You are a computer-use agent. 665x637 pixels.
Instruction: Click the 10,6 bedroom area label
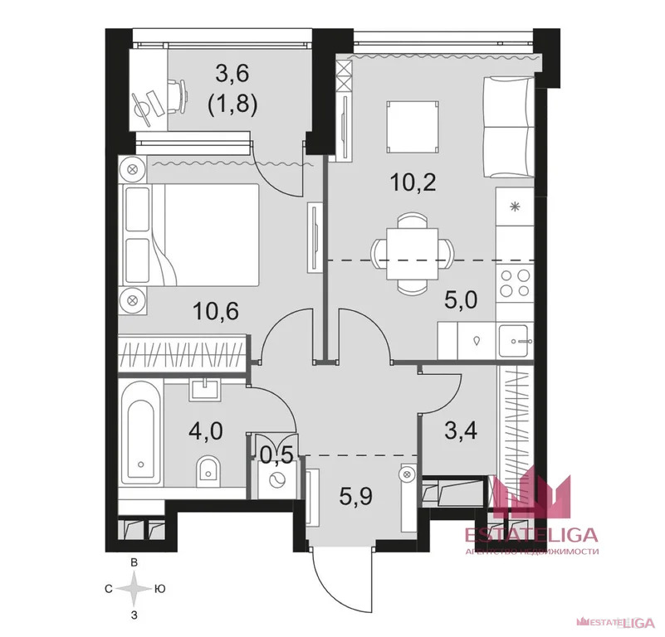[x=216, y=311]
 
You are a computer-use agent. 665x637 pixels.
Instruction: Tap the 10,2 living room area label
[x=413, y=182]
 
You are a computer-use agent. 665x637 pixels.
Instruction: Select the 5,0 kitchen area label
[x=461, y=299]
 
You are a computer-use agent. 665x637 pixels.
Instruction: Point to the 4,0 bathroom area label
[x=206, y=431]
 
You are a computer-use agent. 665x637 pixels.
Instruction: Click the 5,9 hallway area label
[x=355, y=496]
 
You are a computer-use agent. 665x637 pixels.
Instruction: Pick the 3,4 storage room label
[x=461, y=430]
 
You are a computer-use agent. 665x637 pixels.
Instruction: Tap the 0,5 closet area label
[x=276, y=455]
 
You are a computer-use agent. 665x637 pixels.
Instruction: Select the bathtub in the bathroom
[x=141, y=431]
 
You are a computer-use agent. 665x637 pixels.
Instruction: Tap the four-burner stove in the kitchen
[x=515, y=283]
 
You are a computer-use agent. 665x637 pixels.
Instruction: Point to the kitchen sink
[x=514, y=340]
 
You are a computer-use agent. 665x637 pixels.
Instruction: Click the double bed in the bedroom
[x=191, y=235]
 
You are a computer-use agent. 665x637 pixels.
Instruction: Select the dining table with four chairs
[x=412, y=254]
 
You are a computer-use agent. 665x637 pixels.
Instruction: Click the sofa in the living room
[x=509, y=127]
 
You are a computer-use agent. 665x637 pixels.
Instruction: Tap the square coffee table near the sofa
[x=413, y=126]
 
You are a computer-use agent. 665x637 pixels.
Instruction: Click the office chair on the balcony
[x=178, y=97]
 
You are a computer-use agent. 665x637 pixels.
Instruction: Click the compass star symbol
[x=134, y=589]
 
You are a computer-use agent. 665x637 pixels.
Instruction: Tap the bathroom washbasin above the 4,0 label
[x=205, y=390]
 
